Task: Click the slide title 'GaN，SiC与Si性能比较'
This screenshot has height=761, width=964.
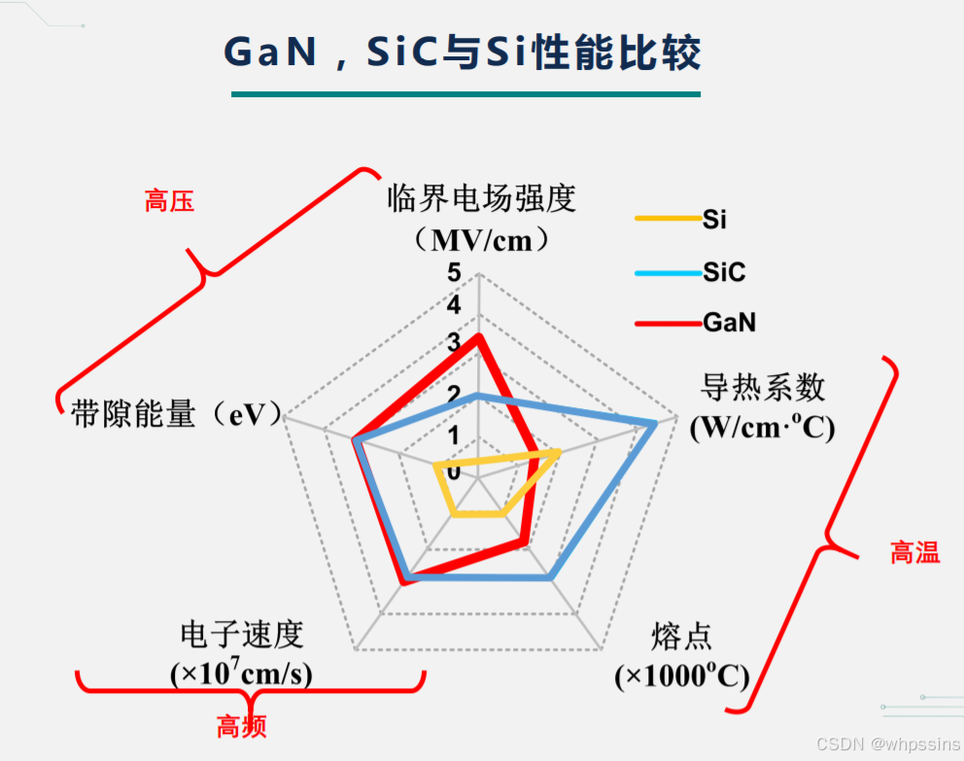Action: tap(463, 52)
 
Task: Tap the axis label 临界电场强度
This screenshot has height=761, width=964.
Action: tap(482, 198)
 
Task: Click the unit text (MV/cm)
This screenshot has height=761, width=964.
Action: tap(481, 239)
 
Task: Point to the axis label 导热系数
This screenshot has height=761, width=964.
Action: tap(762, 388)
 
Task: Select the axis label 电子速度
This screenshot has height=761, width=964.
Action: tap(242, 635)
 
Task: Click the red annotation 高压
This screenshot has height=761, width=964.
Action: tap(169, 201)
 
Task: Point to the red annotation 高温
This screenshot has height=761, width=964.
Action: tap(914, 553)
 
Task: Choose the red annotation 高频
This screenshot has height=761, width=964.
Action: tap(241, 726)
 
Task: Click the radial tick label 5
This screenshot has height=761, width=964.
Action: tap(454, 273)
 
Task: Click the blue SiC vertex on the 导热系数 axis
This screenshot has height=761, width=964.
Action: tap(656, 424)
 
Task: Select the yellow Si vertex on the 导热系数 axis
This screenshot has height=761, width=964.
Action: tap(558, 453)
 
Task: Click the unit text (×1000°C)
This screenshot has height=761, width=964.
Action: tap(681, 676)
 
